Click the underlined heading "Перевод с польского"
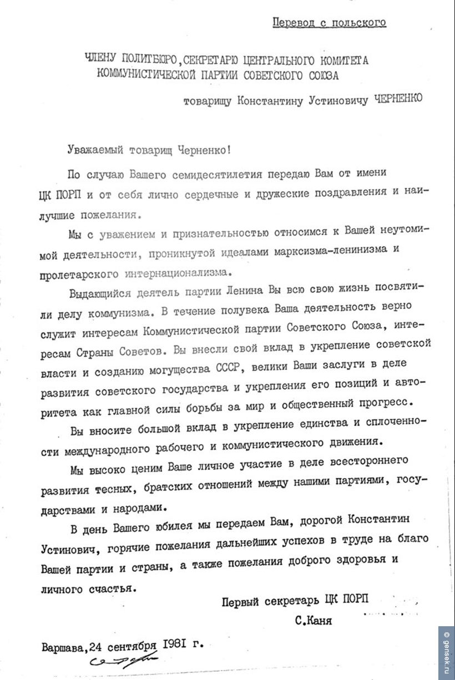point(329,23)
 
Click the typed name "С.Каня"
point(314,621)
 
